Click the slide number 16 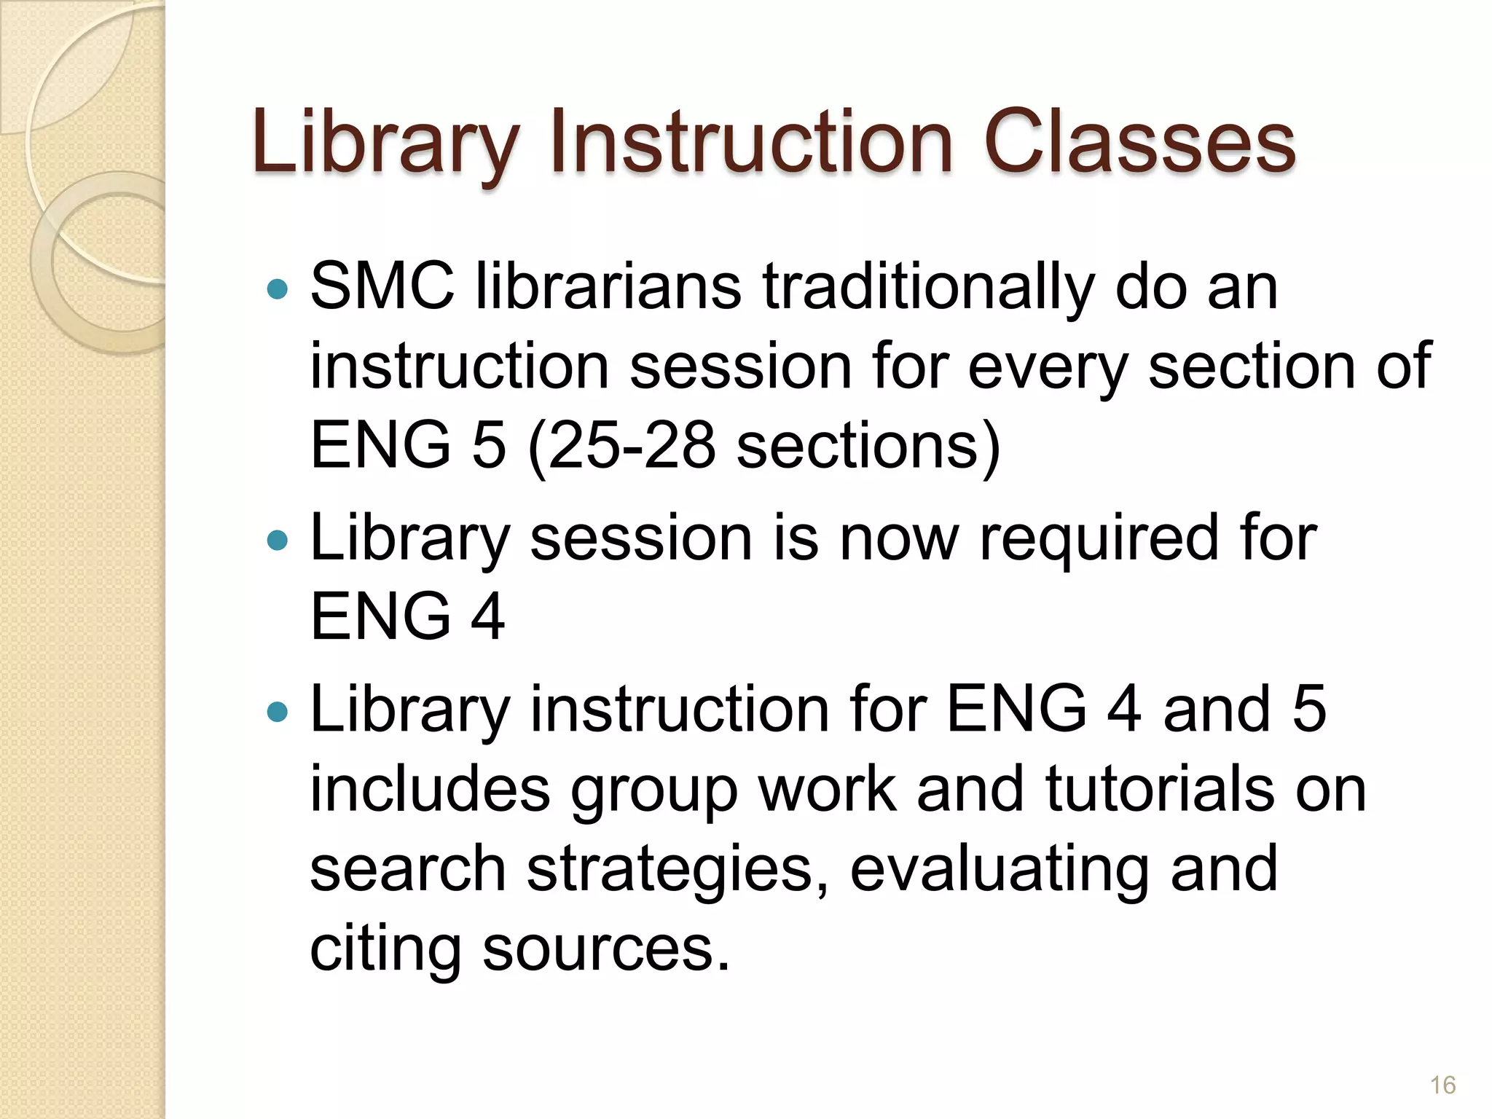click(1442, 1085)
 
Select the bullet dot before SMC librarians click(278, 290)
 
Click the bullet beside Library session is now click(278, 541)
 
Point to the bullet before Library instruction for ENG click(278, 711)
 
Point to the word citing click(385, 950)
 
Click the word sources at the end click(605, 950)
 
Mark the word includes click(430, 790)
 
